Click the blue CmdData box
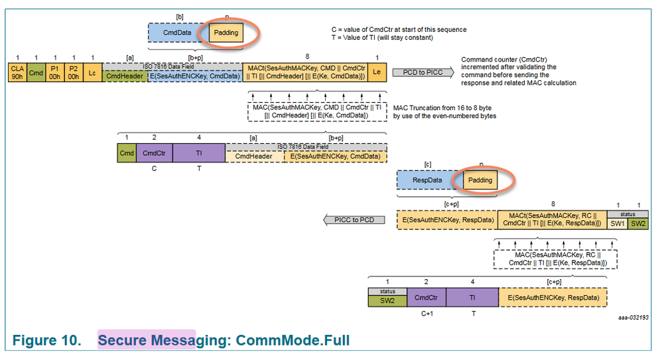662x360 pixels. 178,32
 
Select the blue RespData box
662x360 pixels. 427,180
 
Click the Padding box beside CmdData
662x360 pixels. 226,32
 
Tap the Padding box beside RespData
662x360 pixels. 480,180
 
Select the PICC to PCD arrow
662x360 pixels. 354,220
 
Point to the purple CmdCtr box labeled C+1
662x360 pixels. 426,298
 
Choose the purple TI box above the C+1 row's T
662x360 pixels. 472,298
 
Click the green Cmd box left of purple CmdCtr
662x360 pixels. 127,152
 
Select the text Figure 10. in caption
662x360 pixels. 45,340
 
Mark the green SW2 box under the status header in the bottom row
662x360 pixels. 387,300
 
